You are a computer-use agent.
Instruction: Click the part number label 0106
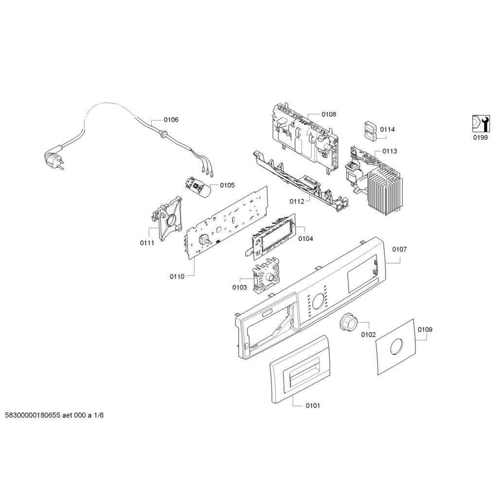click(x=171, y=120)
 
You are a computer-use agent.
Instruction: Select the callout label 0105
click(x=227, y=185)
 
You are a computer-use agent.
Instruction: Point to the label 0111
click(x=147, y=243)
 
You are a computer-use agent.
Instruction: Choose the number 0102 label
click(x=368, y=335)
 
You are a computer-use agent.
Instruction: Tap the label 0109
click(x=425, y=329)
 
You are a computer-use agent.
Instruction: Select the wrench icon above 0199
click(x=480, y=124)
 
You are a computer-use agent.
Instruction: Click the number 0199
click(x=480, y=138)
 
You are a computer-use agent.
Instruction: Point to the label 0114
click(x=388, y=129)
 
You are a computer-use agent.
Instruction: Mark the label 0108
click(x=328, y=114)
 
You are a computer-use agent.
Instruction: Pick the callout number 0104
click(x=305, y=239)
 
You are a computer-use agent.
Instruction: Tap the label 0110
click(x=177, y=276)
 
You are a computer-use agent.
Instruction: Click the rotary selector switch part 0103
click(x=265, y=275)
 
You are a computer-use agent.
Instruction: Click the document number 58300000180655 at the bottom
click(x=32, y=416)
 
